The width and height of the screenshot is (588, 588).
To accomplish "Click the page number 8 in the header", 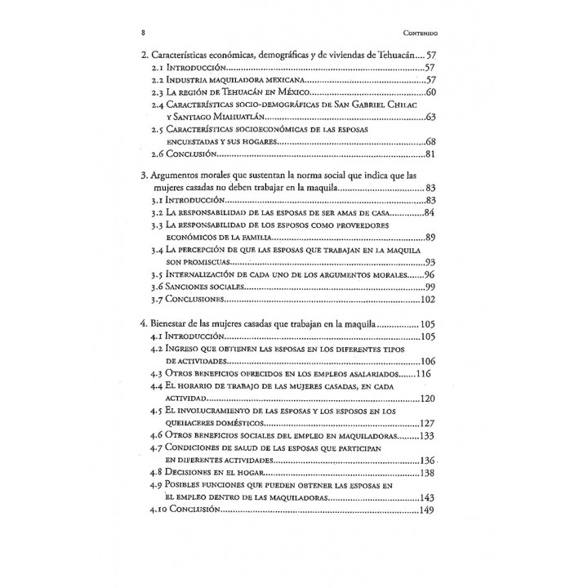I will (x=144, y=33).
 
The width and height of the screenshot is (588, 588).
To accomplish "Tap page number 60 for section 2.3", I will (x=435, y=92).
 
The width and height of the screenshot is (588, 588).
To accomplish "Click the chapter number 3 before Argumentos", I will (x=144, y=176).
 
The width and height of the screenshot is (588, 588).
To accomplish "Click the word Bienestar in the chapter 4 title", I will (x=172, y=324).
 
